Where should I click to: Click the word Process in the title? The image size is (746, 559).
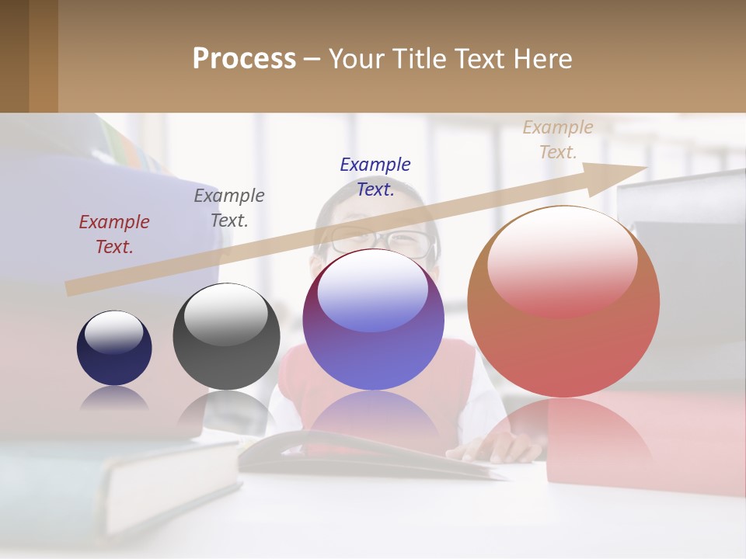coord(244,59)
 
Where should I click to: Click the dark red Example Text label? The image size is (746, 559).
coord(114,234)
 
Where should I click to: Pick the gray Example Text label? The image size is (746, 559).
coord(229,208)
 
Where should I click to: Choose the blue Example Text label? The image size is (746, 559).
coord(375,177)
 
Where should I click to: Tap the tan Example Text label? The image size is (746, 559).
coord(558,140)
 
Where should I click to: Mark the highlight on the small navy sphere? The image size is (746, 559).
coord(114,332)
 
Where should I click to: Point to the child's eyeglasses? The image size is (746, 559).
coord(381,242)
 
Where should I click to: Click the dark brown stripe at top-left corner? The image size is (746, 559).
coord(14,56)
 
